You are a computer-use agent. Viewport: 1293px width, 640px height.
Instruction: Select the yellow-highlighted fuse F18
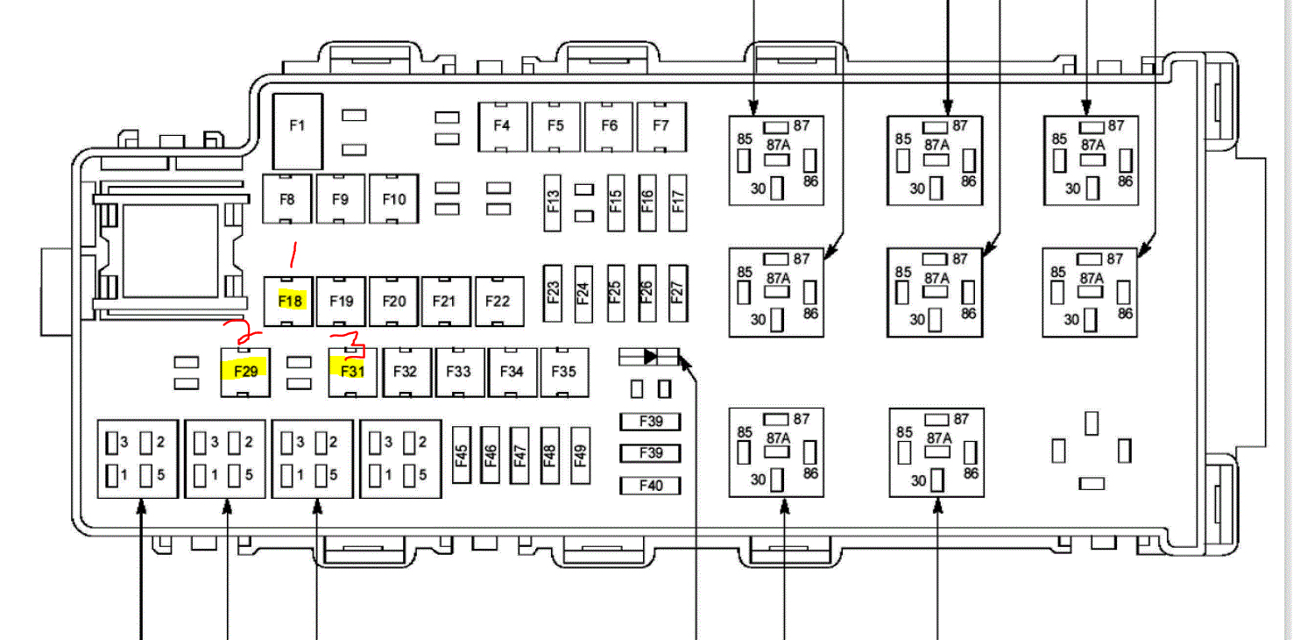(x=290, y=301)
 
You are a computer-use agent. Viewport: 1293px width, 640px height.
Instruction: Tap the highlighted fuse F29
(x=245, y=371)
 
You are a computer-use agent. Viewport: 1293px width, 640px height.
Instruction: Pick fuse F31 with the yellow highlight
(x=352, y=371)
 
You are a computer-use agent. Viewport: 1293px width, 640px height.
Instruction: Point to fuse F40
(x=651, y=485)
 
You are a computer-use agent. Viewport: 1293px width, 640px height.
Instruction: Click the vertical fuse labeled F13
(x=552, y=201)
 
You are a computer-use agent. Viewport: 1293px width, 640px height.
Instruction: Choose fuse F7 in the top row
(x=661, y=125)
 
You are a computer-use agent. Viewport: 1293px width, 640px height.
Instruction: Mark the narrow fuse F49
(x=579, y=455)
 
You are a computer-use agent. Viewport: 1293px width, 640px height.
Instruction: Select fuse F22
(x=498, y=301)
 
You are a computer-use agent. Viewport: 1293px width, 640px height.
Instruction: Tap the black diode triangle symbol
(x=650, y=356)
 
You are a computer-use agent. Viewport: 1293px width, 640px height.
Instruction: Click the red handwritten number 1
(x=293, y=256)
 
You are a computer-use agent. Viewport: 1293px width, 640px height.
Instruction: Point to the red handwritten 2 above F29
(x=243, y=332)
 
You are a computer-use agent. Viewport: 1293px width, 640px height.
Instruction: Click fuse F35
(x=564, y=371)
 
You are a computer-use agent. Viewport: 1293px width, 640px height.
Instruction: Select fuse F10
(x=394, y=199)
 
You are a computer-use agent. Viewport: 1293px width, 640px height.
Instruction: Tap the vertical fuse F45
(x=461, y=455)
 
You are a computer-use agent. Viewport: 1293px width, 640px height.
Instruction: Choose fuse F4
(x=502, y=125)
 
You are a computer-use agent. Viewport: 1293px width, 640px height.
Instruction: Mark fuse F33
(x=459, y=371)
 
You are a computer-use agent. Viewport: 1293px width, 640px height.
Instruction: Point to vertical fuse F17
(x=675, y=201)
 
